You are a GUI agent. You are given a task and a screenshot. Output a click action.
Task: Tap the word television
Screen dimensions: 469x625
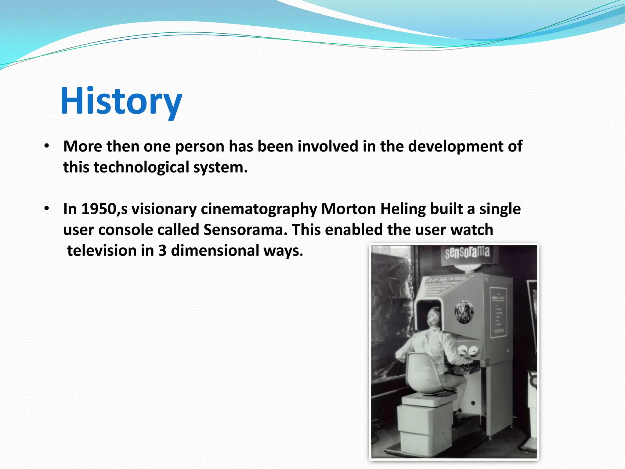click(x=102, y=251)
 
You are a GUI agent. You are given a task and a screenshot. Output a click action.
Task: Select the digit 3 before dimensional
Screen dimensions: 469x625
click(x=162, y=251)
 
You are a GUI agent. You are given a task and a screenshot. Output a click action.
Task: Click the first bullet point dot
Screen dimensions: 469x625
click(x=46, y=146)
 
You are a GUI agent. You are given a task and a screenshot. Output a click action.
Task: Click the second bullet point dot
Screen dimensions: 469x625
click(x=46, y=209)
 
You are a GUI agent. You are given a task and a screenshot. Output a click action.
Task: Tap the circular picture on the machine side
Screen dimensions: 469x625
click(x=464, y=311)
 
